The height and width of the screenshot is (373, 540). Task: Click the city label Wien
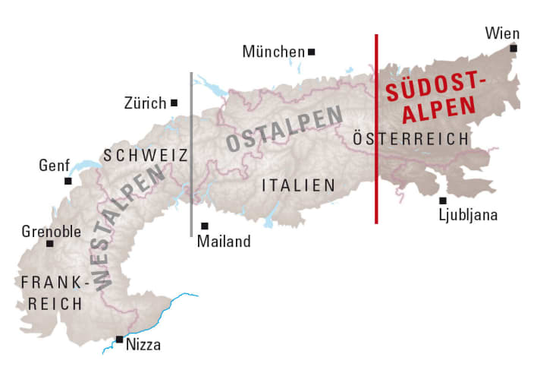point(501,33)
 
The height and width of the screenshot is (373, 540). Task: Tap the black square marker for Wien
point(513,49)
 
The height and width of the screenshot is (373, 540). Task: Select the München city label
point(273,52)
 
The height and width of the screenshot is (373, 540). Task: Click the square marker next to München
point(311,52)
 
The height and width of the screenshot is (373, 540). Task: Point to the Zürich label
point(145,103)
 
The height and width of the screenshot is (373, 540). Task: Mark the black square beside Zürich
point(174,103)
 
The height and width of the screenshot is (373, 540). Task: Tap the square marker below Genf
point(68,181)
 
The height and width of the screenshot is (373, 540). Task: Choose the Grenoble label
point(52,230)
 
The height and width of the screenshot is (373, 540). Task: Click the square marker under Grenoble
point(50,244)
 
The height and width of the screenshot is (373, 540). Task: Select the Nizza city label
point(144,345)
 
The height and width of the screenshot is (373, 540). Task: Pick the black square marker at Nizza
point(119,339)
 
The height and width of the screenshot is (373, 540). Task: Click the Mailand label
point(223,242)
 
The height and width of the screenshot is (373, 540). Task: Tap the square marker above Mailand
point(205,226)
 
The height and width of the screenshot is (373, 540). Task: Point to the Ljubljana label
point(468,215)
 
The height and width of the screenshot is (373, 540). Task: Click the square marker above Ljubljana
point(443,201)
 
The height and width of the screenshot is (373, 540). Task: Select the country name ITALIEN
point(298,185)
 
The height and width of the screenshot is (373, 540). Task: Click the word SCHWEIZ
point(146,155)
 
